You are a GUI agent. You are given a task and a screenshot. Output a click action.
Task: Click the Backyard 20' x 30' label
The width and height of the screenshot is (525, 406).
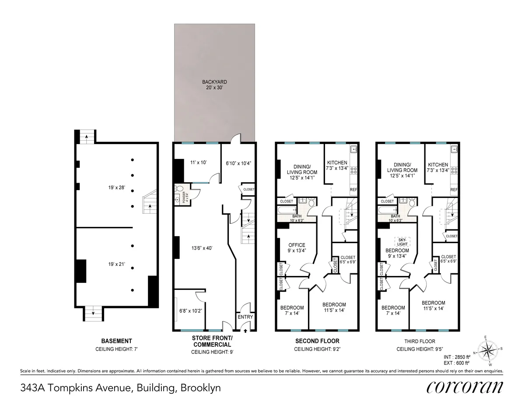[214, 85]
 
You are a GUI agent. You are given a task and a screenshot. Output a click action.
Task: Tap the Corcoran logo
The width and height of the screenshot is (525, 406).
[464, 387]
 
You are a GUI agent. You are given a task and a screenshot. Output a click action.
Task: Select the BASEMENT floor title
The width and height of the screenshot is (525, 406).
[116, 341]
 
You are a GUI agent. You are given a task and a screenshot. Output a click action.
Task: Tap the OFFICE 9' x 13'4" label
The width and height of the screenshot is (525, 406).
[297, 248]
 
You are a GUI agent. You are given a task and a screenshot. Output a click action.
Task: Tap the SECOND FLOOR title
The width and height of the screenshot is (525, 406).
[317, 341]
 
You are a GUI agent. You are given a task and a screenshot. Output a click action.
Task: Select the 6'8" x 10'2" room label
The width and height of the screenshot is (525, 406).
[190, 311]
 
